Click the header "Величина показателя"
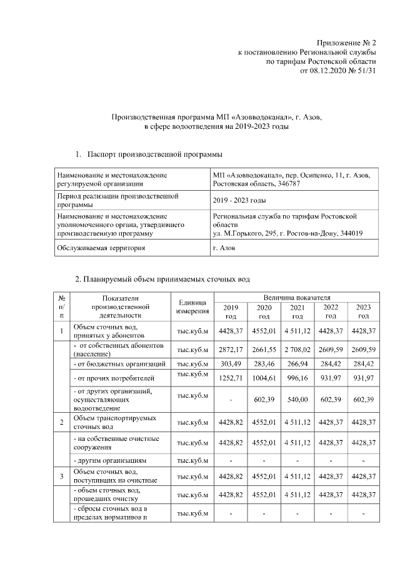pos(297,297)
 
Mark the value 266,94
pos(297,363)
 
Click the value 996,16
pos(297,379)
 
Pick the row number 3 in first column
pos(62,477)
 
